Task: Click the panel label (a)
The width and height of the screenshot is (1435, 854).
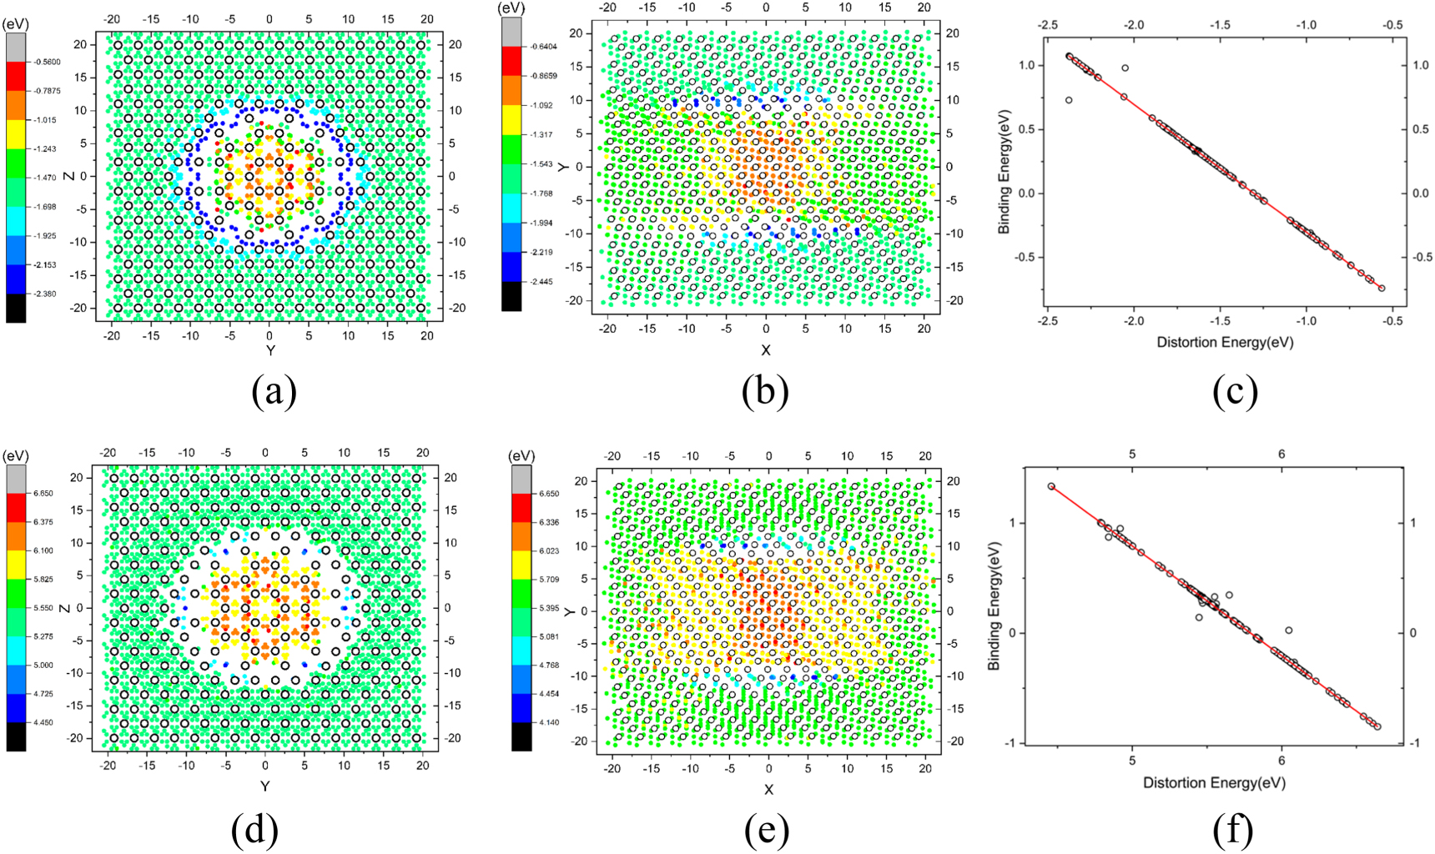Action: pyautogui.click(x=274, y=392)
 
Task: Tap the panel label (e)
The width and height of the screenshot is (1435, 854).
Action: pyautogui.click(x=766, y=830)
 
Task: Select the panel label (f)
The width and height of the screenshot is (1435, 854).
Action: pyautogui.click(x=1235, y=830)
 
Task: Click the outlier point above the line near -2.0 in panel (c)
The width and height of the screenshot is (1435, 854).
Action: pyautogui.click(x=1125, y=68)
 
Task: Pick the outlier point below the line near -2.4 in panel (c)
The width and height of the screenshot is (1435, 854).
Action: pyautogui.click(x=1069, y=100)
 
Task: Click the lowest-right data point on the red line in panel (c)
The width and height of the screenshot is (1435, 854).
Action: pyautogui.click(x=1382, y=289)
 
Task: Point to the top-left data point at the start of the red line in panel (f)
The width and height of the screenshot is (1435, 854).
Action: pyautogui.click(x=1051, y=486)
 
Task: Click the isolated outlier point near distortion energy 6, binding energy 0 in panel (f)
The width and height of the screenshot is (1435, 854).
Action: pyautogui.click(x=1289, y=630)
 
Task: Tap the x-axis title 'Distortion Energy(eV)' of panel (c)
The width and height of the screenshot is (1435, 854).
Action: pyautogui.click(x=1225, y=343)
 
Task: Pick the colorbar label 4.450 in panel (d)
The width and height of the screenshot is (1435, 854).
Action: pyautogui.click(x=41, y=723)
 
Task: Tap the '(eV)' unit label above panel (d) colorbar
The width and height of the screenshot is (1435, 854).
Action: pyautogui.click(x=16, y=457)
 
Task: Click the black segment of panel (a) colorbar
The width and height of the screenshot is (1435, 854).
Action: pyautogui.click(x=16, y=308)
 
